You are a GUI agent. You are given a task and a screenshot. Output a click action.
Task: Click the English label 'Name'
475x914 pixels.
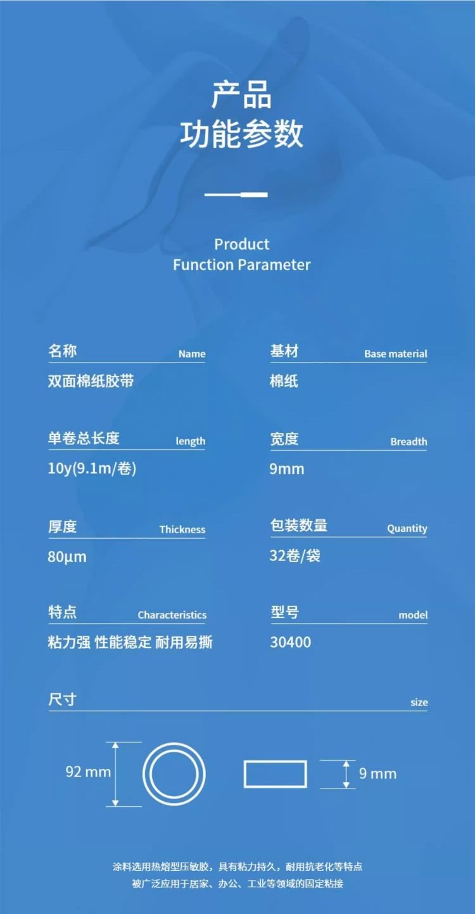[x=191, y=354]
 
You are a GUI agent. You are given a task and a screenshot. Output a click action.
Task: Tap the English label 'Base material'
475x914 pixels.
[x=395, y=354]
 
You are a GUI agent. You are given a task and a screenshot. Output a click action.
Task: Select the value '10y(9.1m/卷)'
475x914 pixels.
[x=92, y=469]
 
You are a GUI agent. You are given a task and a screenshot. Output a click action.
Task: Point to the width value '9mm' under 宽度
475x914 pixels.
[x=287, y=470]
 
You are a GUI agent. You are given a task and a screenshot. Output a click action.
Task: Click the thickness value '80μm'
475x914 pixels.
[x=66, y=557]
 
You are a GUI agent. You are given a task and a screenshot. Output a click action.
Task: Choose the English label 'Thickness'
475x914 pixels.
[x=182, y=530]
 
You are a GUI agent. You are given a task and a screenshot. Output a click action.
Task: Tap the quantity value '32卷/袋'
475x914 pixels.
[x=295, y=556]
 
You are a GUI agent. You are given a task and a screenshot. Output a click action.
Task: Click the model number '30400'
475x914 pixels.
[x=291, y=642]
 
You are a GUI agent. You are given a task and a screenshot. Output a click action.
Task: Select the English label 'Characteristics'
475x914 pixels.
[x=172, y=615]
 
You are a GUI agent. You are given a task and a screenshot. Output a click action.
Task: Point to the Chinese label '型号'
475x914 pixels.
[x=284, y=613]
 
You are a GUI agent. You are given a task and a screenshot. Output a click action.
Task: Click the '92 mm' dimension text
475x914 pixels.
[x=88, y=772]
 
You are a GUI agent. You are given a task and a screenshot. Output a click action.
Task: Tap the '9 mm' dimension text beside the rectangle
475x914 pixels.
[x=377, y=774]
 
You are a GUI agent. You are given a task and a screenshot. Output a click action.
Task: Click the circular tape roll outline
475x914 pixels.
[x=174, y=774]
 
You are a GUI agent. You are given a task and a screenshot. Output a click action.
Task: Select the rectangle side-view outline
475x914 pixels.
[x=275, y=774]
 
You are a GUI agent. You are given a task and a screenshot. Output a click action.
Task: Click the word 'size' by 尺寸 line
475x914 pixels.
[x=419, y=702]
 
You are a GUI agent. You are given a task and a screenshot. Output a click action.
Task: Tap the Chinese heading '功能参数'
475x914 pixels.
[x=241, y=134]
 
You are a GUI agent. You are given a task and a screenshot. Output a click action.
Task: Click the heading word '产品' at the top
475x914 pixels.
[x=241, y=95]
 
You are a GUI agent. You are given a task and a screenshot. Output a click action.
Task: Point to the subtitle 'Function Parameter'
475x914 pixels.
[x=241, y=265]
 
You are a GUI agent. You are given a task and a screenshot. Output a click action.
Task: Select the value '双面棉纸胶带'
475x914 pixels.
[x=91, y=382]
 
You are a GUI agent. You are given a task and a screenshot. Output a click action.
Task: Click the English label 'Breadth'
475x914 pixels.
[x=408, y=442]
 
